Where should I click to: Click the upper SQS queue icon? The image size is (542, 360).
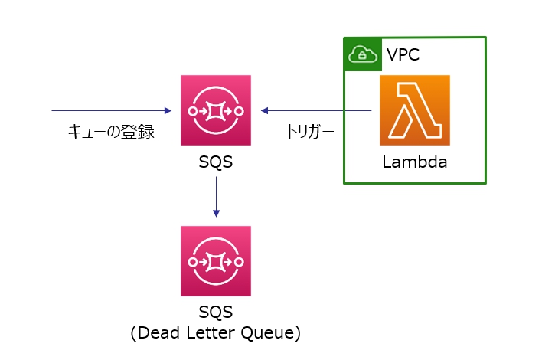tap(215, 110)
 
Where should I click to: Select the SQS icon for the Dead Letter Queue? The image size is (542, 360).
tap(215, 261)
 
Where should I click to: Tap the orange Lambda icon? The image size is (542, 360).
tap(414, 110)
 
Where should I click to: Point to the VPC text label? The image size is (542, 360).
tap(403, 55)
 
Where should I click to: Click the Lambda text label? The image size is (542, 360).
tap(414, 162)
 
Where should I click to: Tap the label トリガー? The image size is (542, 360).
tap(310, 133)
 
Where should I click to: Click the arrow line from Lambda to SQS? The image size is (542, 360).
tap(318, 110)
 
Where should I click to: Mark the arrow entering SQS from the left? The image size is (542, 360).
tap(112, 110)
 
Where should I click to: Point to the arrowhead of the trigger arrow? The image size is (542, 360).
tap(264, 110)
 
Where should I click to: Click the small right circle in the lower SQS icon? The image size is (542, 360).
tap(240, 261)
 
